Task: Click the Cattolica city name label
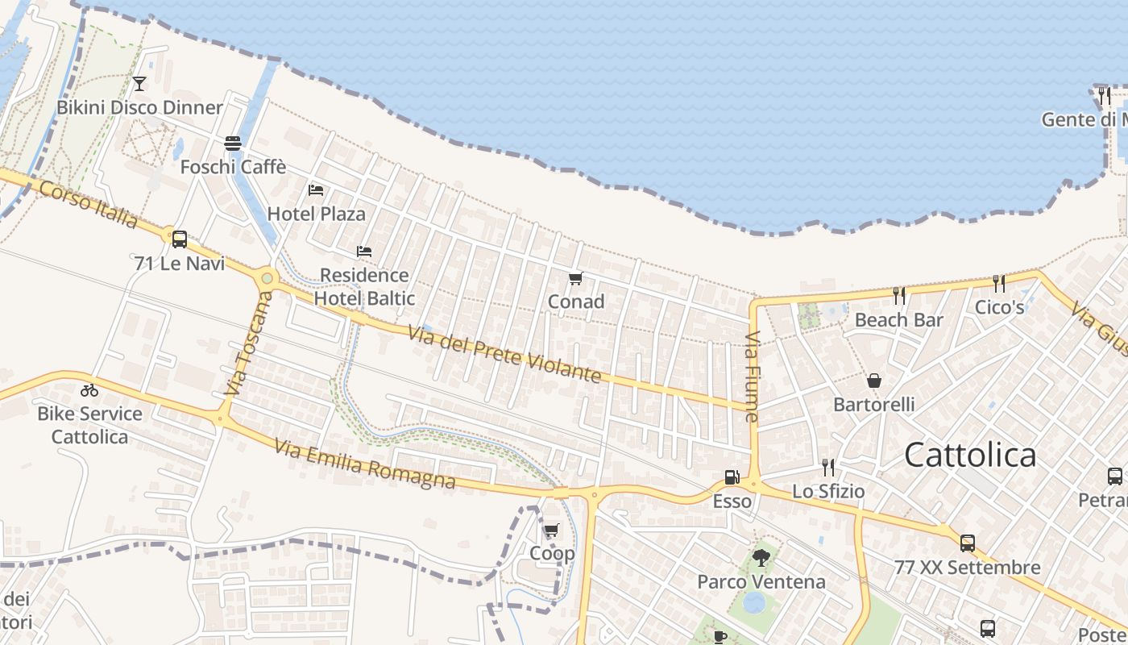[x=970, y=456]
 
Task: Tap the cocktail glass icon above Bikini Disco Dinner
[x=139, y=83]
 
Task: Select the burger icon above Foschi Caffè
[x=233, y=144]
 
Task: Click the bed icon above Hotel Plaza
[x=316, y=190]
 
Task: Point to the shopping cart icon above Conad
[x=575, y=279]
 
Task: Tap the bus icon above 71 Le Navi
[x=179, y=239]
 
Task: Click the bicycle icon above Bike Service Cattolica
[x=89, y=390]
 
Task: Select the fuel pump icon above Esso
[x=732, y=477]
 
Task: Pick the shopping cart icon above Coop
[x=551, y=530]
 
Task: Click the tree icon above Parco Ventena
[x=761, y=557]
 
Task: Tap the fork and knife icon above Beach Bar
[x=898, y=296]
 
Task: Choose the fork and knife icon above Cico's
[x=999, y=283]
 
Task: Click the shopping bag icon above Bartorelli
[x=874, y=381]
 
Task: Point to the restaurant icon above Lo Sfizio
[x=827, y=467]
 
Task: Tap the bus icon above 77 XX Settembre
[x=967, y=543]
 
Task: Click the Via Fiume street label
[x=753, y=377]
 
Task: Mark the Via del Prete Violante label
[x=505, y=354]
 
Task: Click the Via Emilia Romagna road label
[x=365, y=464]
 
